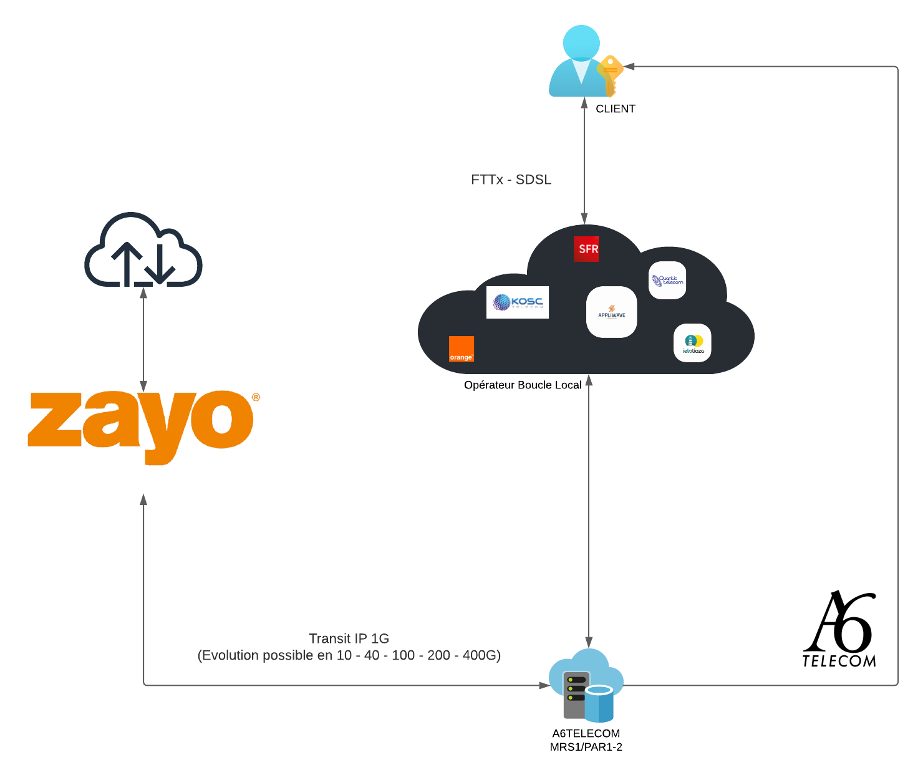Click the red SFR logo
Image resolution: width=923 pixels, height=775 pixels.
tap(586, 249)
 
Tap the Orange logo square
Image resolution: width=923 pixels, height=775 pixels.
tap(461, 349)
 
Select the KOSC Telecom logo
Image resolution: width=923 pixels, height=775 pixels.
tap(518, 302)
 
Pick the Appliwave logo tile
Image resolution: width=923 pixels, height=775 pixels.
tap(611, 312)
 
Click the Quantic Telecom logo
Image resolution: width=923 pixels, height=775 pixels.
tap(667, 281)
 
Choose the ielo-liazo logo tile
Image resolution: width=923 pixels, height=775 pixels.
tap(692, 343)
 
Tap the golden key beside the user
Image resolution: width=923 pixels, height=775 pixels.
tap(610, 75)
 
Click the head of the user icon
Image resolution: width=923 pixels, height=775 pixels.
tap(581, 42)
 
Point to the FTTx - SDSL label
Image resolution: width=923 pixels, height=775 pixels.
tap(511, 180)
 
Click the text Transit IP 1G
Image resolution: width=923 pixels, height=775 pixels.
tap(349, 638)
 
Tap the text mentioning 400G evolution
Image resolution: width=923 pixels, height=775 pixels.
tap(349, 655)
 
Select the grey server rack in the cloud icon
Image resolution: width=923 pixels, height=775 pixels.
tap(575, 695)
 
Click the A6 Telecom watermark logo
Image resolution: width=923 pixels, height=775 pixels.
tap(840, 630)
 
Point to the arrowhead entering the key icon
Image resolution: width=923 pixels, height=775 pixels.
tap(629, 66)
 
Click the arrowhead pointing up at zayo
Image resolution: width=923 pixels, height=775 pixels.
tap(143, 499)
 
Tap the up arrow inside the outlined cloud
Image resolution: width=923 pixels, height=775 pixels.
tap(127, 262)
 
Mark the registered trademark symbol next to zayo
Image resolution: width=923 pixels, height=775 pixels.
tap(256, 397)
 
